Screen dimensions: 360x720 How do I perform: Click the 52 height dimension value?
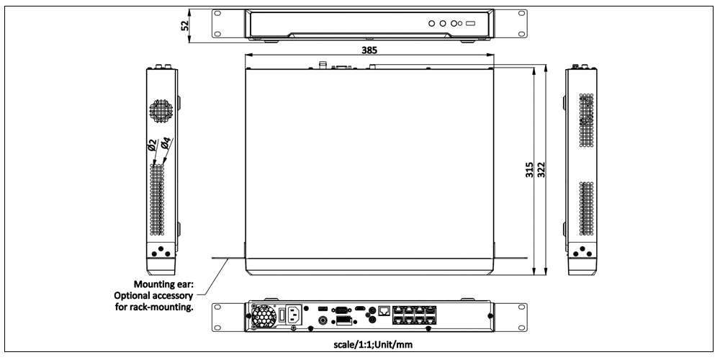(185, 25)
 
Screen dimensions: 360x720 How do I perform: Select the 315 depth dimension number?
(529, 171)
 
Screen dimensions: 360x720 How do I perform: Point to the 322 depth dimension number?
(541, 171)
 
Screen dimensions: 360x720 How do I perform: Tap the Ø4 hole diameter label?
(166, 143)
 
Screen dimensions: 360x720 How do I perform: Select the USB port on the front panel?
(470, 24)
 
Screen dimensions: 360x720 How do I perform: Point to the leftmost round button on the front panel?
(431, 24)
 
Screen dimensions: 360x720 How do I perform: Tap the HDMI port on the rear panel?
(360, 308)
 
